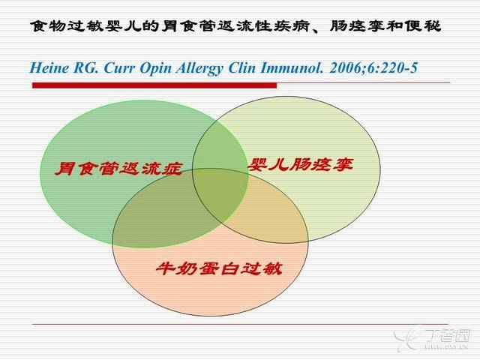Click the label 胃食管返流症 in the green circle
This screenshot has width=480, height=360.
pyautogui.click(x=119, y=169)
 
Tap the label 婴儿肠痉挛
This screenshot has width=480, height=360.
pyautogui.click(x=301, y=165)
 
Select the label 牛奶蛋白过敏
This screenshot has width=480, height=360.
pyautogui.click(x=219, y=268)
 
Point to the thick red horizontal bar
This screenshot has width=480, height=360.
pyautogui.click(x=154, y=85)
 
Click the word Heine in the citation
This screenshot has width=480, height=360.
pyautogui.click(x=49, y=67)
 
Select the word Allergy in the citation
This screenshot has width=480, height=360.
pyautogui.click(x=199, y=68)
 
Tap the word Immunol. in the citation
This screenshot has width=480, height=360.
pyautogui.click(x=292, y=67)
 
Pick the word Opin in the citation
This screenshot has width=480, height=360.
pyautogui.click(x=155, y=68)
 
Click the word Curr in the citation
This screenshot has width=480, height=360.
pyautogui.click(x=119, y=68)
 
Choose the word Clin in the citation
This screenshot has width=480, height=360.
pyautogui.click(x=241, y=67)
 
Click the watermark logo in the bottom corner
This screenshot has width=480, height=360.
pyautogui.click(x=432, y=339)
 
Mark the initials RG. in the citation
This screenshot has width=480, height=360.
pyautogui.click(x=86, y=67)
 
